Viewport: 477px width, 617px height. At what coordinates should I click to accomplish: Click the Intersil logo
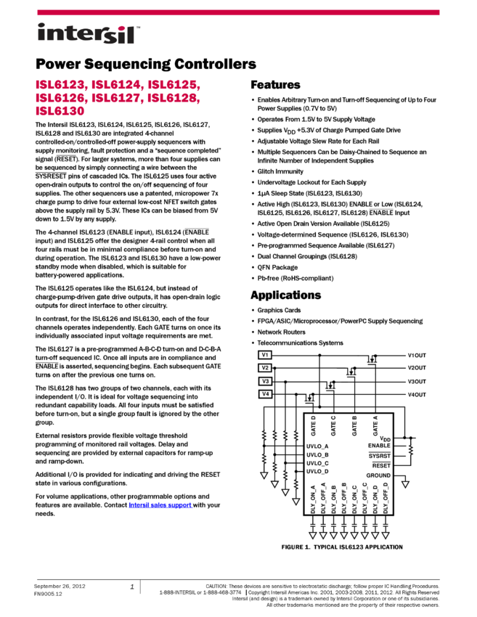coord(89,34)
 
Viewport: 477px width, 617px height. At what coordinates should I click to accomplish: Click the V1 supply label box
coord(265,355)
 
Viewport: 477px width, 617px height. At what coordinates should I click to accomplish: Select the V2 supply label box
coord(265,368)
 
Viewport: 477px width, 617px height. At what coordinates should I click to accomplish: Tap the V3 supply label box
coord(265,381)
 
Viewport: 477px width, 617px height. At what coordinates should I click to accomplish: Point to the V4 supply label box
coord(265,394)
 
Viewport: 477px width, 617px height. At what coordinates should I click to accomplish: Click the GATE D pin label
coord(313,425)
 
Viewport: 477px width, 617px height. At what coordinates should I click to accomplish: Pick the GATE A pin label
coord(375,425)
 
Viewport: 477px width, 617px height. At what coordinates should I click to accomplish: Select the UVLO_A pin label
coord(317,446)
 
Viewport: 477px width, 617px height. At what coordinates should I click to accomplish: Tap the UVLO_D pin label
coord(317,472)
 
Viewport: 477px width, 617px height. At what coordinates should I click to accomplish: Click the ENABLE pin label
coord(379,446)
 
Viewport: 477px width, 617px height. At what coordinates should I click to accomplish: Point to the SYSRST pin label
coord(379,456)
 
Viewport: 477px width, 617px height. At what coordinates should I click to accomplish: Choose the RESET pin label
coord(381,465)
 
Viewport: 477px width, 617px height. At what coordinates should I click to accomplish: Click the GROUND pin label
coord(378,475)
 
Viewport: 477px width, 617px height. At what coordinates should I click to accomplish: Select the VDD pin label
coord(385,438)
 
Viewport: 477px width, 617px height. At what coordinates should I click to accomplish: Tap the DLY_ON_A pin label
coord(313,499)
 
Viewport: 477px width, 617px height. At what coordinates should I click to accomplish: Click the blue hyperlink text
coord(160,505)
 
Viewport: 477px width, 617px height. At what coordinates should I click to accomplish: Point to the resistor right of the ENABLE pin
coord(410,450)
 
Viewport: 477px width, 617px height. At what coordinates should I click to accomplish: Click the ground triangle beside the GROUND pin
coord(405,484)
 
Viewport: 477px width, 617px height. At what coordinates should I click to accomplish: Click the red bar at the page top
coord(238,12)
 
